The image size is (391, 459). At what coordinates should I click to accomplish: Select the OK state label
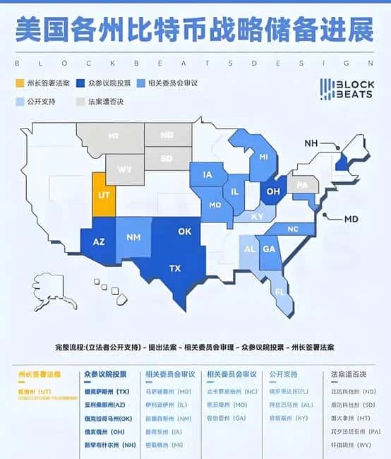click(x=185, y=232)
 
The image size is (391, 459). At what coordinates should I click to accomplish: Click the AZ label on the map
click(x=100, y=242)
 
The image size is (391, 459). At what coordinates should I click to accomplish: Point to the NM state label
click(x=131, y=238)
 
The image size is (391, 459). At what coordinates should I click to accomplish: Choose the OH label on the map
click(x=272, y=190)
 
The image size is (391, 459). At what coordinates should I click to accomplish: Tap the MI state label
click(x=264, y=157)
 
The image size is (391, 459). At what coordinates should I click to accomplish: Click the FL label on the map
click(x=280, y=291)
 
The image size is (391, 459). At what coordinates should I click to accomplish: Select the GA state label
click(x=269, y=249)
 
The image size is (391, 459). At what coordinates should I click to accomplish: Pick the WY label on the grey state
click(x=125, y=170)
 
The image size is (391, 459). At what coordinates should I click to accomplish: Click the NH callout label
click(x=311, y=143)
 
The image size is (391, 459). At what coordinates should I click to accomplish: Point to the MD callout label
click(x=351, y=219)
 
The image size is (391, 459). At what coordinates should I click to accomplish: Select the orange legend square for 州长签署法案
click(x=19, y=83)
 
